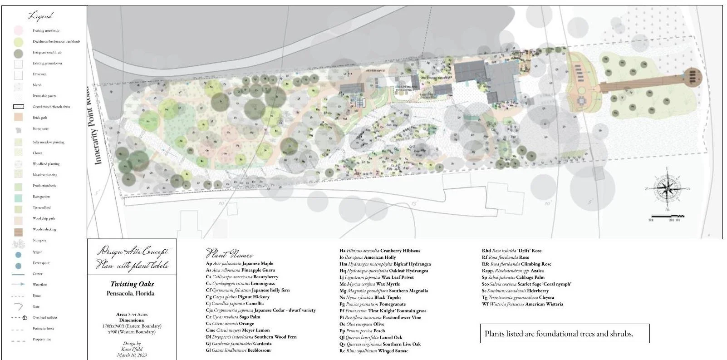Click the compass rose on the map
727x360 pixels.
point(667,188)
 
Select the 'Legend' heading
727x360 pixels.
point(40,16)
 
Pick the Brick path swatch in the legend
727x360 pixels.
point(18,118)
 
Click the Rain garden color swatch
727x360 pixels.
point(18,197)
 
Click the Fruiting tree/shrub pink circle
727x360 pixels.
point(18,30)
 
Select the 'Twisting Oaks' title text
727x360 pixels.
point(132,284)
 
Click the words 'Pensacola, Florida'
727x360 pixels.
point(131,293)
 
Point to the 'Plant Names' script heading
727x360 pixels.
point(229,254)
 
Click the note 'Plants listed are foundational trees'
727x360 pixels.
point(559,334)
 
